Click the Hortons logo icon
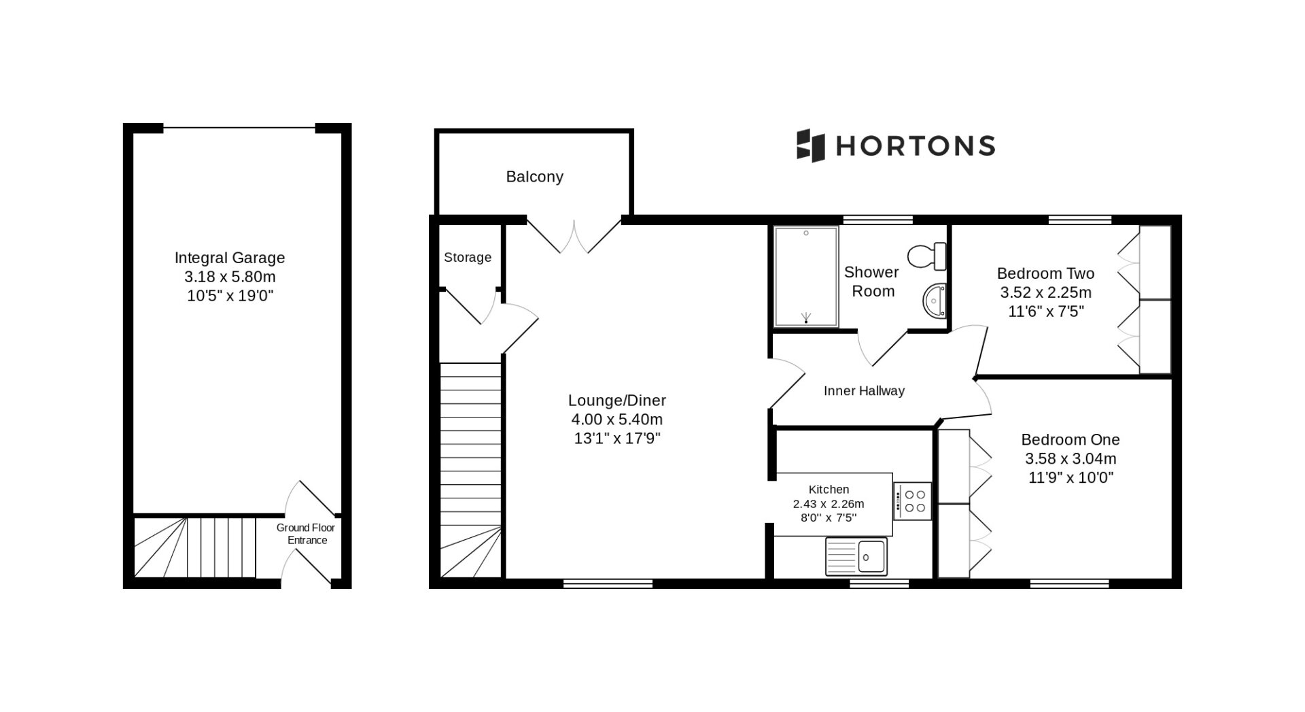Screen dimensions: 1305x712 point(810,146)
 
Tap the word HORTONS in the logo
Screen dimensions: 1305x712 point(915,146)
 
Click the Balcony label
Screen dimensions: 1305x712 point(534,177)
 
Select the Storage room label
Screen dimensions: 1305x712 point(468,257)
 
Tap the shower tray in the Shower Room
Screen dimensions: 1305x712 point(806,277)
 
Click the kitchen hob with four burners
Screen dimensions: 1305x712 point(912,501)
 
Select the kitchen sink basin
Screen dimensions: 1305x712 point(871,556)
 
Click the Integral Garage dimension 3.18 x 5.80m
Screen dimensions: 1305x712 point(230,277)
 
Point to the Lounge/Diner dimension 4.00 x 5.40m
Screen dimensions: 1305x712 point(617,420)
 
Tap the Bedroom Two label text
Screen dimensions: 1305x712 point(1045,273)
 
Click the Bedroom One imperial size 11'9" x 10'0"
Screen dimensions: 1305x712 point(1071,477)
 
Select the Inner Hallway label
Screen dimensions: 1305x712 point(864,391)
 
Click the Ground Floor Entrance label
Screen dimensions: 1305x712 point(306,534)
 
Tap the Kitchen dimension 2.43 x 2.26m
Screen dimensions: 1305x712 point(829,504)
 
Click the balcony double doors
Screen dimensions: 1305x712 point(574,235)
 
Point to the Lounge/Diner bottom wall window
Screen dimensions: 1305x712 point(608,583)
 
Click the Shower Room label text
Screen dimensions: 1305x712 point(871,282)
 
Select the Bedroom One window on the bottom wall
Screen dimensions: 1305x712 point(1069,583)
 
